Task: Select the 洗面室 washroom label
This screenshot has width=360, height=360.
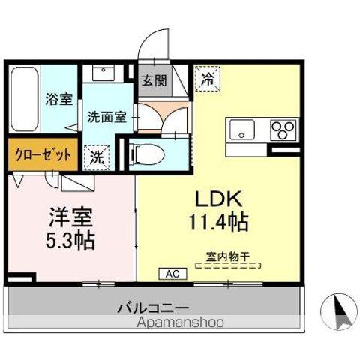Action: pos(106,117)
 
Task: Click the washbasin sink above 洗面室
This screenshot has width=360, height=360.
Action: pos(101,73)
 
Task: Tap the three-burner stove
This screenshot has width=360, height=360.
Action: pos(283,129)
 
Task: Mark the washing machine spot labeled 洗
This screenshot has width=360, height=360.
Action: pos(97,157)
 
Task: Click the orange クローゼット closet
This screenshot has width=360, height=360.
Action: pos(42,155)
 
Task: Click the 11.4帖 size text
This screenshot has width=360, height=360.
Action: pos(218,223)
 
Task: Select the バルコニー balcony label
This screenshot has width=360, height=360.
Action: pos(152,307)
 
